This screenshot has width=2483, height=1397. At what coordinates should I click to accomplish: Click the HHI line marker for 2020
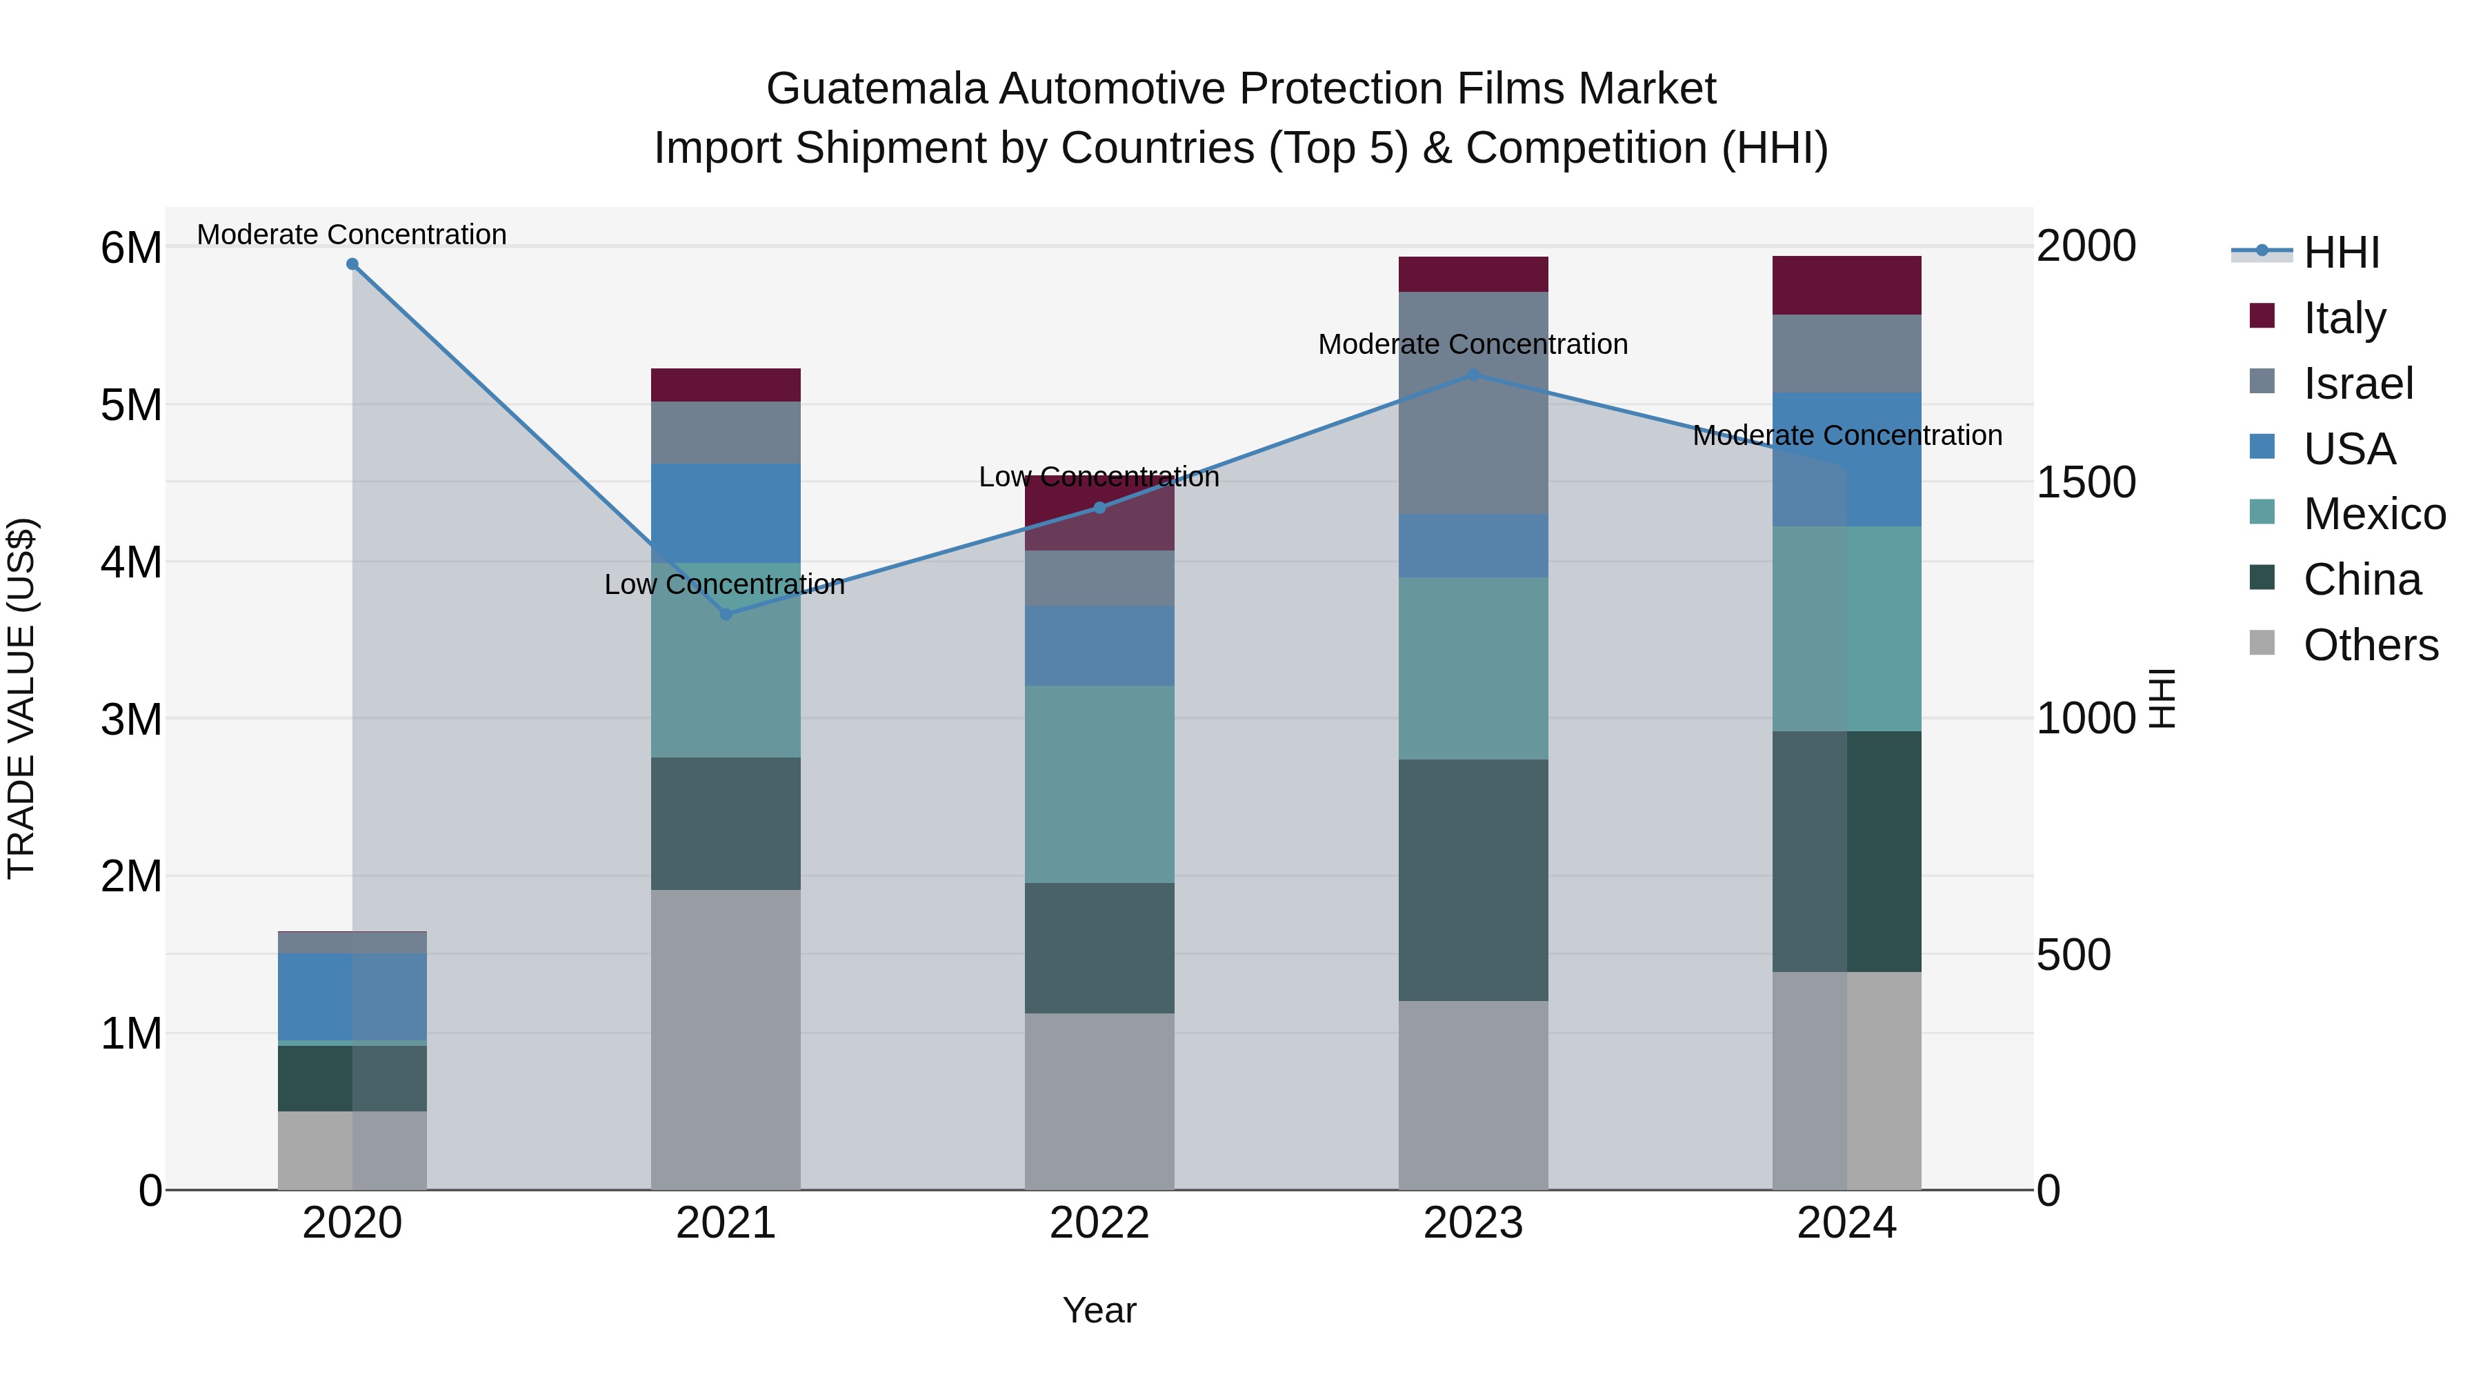point(352,264)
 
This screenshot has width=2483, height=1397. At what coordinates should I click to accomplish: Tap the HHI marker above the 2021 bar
point(726,614)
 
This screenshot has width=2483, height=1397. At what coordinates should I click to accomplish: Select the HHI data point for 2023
point(1473,375)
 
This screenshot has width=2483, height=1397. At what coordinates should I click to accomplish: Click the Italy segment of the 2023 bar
point(1473,274)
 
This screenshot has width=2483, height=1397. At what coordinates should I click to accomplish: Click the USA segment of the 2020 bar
point(352,996)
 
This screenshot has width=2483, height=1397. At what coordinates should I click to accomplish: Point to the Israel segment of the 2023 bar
point(1473,402)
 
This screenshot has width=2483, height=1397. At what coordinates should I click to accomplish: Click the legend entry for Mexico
point(2374,514)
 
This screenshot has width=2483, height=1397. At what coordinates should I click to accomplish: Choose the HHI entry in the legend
point(2342,252)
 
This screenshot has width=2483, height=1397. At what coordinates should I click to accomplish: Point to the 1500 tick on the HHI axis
point(2086,482)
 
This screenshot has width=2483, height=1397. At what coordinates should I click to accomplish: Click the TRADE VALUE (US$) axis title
point(21,698)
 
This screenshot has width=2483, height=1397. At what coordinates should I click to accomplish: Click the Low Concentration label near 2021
point(724,584)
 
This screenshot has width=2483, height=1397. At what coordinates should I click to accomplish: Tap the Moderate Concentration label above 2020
point(352,235)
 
